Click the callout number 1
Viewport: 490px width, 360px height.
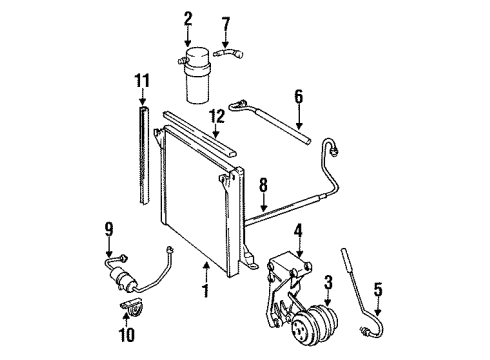[x=206, y=293]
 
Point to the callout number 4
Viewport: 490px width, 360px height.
[x=298, y=231]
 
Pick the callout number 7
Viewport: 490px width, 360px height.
[x=226, y=22]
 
